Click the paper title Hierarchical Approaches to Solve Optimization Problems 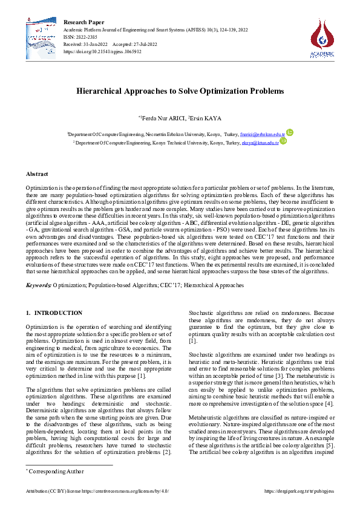180,91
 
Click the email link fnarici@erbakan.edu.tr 262,134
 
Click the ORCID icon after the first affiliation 290,133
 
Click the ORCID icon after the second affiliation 282,142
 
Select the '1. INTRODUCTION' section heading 54,313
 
